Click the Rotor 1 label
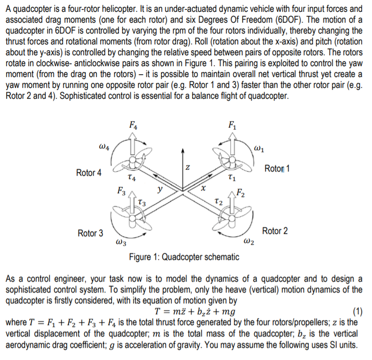tap(277, 169)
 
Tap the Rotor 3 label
tap(91, 233)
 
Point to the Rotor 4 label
tap(89, 172)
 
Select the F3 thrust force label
tap(121, 192)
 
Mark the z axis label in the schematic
tap(187, 166)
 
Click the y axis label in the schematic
tap(161, 188)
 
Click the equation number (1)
tap(358, 311)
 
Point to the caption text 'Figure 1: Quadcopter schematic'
tap(184, 257)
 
